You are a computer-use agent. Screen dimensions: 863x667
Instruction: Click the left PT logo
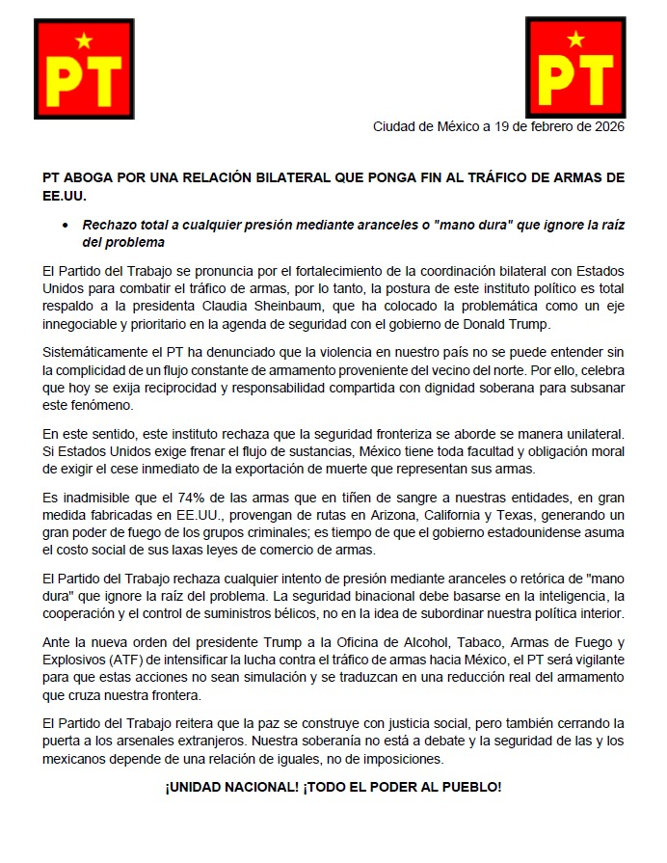84,65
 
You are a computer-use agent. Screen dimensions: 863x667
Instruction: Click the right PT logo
575,65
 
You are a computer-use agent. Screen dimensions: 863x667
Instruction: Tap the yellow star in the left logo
84,40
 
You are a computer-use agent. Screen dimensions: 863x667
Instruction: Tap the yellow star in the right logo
575,40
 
